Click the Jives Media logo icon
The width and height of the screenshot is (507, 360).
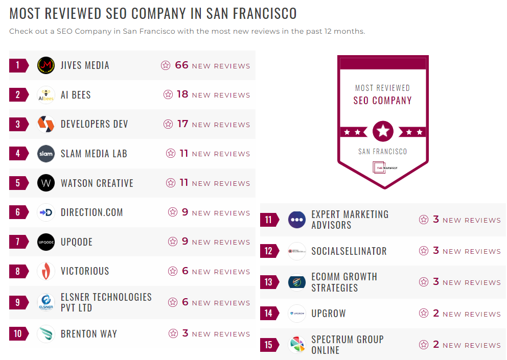(46, 65)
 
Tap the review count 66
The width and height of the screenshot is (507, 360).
(182, 65)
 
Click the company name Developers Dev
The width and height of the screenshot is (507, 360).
(95, 124)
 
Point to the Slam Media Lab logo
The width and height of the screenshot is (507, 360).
(46, 154)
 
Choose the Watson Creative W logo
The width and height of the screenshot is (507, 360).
(46, 183)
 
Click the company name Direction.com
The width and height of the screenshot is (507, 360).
(92, 212)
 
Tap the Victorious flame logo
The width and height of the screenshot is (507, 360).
(46, 271)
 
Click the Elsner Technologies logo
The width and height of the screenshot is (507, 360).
(46, 302)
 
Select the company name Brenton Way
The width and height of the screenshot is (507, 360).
(89, 334)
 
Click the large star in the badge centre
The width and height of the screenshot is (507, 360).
(383, 132)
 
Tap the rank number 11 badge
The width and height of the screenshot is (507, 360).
(269, 220)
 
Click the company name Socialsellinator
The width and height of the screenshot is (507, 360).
(349, 251)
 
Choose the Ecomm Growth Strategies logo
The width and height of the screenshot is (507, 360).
(297, 282)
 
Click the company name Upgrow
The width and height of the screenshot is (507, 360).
(329, 314)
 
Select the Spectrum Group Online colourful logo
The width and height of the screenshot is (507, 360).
(297, 345)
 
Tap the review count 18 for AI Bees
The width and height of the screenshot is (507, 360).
(182, 94)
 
